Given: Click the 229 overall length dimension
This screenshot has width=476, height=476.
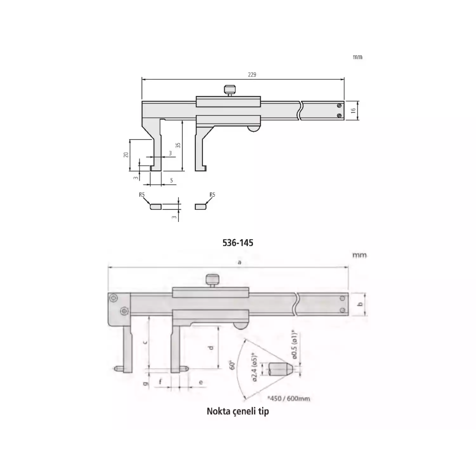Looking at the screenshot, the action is pos(252,75).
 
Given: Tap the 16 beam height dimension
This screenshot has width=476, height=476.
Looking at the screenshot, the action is pos(353,111).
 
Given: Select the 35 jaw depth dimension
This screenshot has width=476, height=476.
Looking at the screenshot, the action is pos(178,145).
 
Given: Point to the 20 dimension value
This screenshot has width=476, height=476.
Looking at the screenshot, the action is pos(126,155).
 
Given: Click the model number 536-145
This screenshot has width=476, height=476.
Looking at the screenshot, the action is pos(238,243).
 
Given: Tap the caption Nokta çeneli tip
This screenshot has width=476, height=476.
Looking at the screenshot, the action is pos(238,411).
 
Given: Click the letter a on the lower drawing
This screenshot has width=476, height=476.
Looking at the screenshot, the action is pos(240,262).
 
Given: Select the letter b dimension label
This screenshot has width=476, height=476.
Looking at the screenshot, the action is pos(360,304).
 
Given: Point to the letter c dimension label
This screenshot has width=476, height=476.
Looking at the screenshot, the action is pos(145,342).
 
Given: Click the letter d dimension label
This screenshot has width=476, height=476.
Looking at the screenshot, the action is pos(211,348).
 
